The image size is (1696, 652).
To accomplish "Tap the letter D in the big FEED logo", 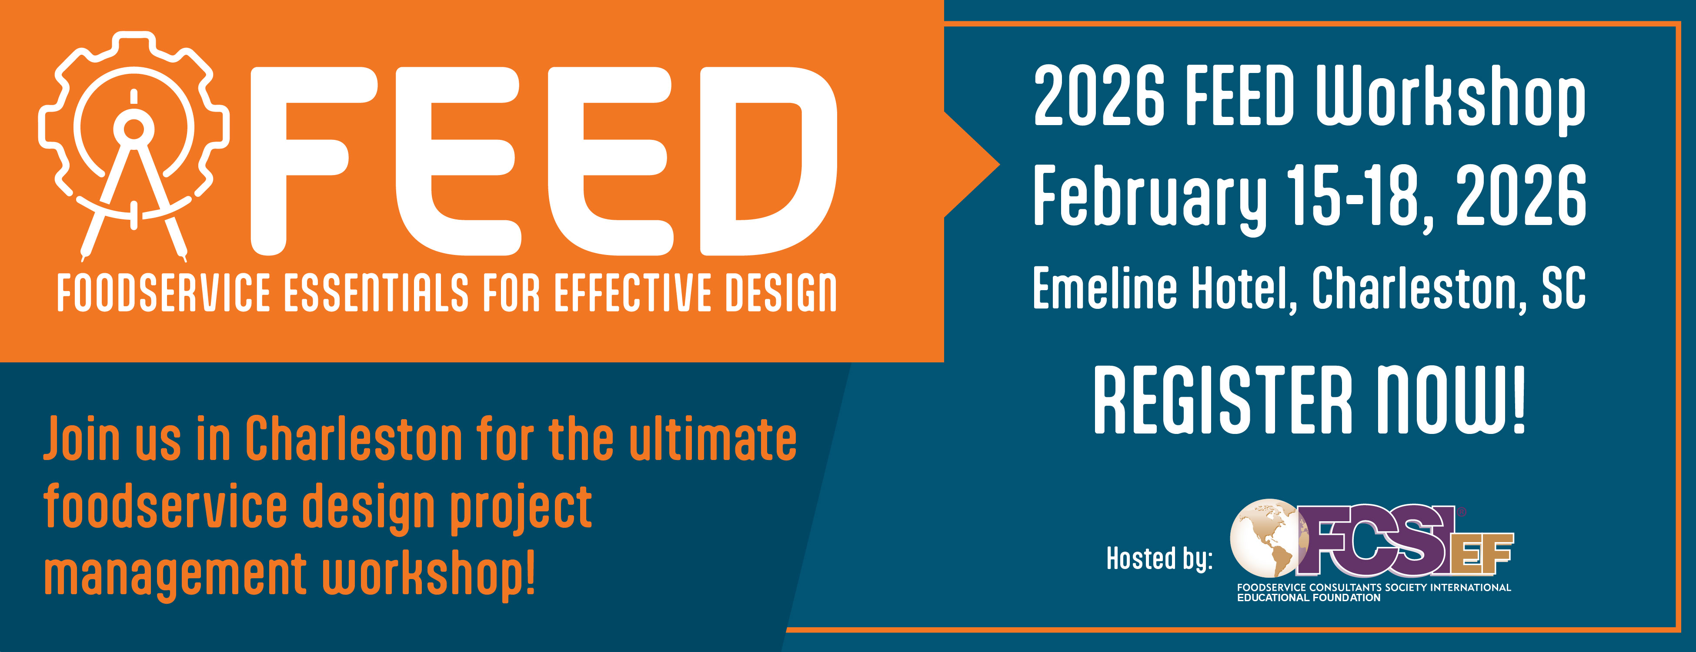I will point(768,161).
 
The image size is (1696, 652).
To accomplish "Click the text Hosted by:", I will point(1159,559).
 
